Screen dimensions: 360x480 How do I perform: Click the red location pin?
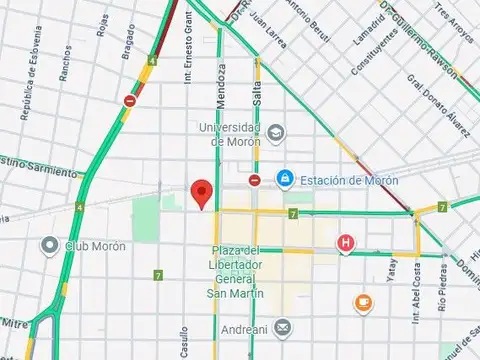pyautogui.click(x=203, y=192)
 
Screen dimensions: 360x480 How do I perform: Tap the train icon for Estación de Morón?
pyautogui.click(x=286, y=180)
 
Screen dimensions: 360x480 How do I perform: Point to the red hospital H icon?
pyautogui.click(x=346, y=242)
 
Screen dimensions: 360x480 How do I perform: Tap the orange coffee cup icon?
pyautogui.click(x=365, y=301)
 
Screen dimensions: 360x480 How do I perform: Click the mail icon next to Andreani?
pyautogui.click(x=284, y=326)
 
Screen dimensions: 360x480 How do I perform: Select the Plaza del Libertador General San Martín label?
pyautogui.click(x=236, y=271)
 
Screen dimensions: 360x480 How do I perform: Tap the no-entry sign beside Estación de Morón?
pyautogui.click(x=255, y=180)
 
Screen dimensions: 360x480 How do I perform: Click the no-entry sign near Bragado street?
pyautogui.click(x=131, y=100)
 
